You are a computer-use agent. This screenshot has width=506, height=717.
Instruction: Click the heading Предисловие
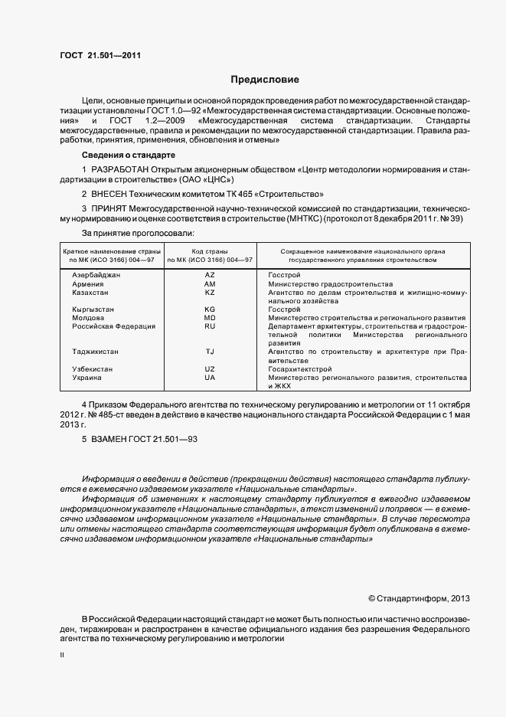tap(265, 79)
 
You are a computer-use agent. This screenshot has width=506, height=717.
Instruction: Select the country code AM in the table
tap(210, 283)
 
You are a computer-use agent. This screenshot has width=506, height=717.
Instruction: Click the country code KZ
tap(210, 292)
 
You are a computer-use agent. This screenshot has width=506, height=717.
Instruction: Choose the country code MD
tap(210, 317)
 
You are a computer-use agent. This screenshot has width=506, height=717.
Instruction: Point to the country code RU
tap(210, 326)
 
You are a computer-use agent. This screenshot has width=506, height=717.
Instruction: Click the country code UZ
tap(210, 368)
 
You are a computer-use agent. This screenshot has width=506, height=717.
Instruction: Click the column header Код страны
tap(210, 251)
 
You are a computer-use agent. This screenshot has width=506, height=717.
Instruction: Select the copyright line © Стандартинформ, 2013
tap(418, 598)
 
